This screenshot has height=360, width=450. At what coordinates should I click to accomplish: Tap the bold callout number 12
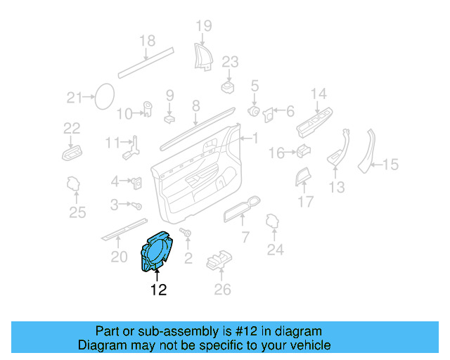coord(158,290)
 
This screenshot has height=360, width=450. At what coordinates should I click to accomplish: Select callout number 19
coord(203,27)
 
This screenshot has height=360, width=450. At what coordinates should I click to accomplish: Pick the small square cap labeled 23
coord(228,86)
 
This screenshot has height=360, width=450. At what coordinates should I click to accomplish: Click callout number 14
coord(319,94)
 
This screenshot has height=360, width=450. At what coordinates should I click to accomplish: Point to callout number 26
coord(222,288)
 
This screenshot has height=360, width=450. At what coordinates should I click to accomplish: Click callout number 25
coord(77,213)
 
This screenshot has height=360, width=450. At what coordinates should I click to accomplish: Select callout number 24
coord(275,249)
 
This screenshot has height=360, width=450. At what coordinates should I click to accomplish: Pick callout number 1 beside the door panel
coord(255,139)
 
